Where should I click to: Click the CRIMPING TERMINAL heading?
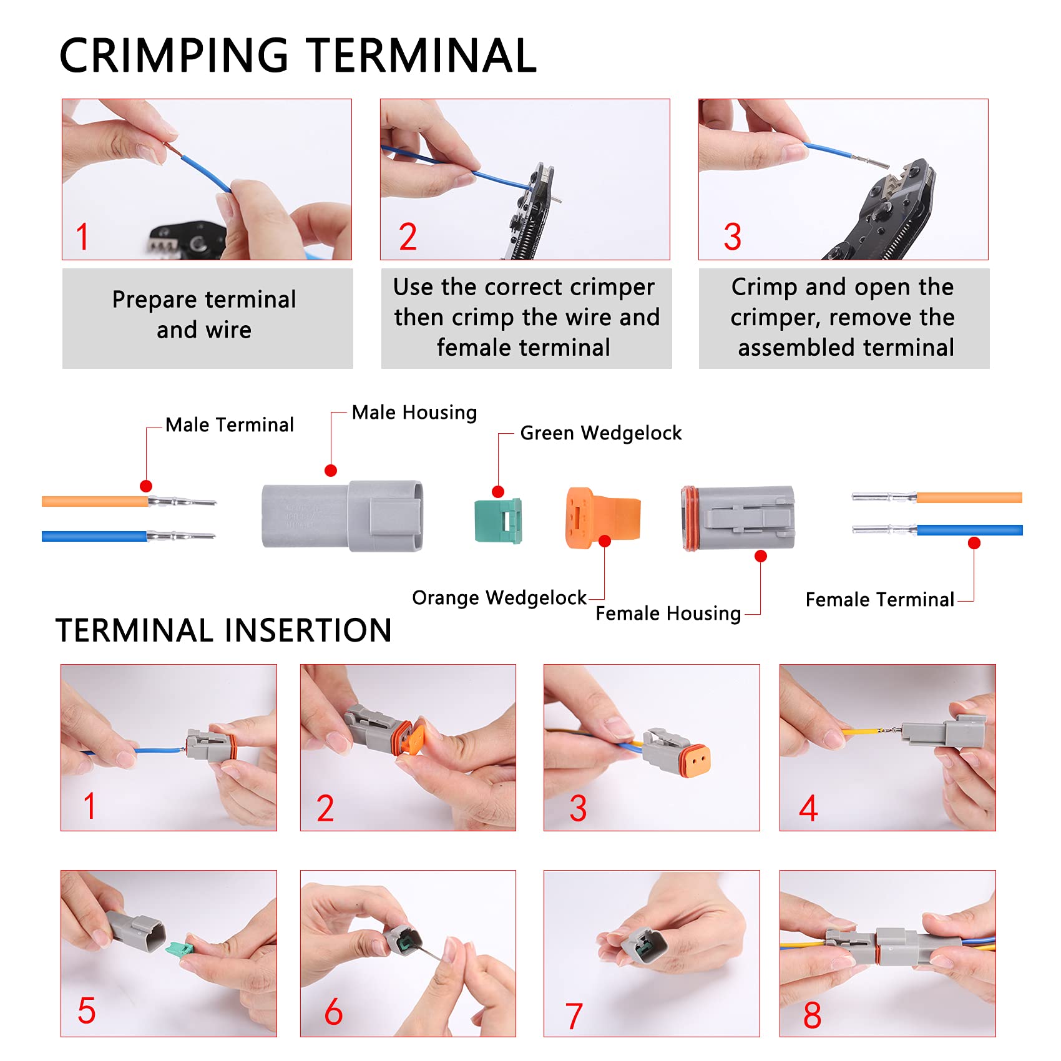tap(298, 56)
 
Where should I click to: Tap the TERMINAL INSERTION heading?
tap(223, 630)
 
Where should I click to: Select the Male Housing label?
tap(414, 413)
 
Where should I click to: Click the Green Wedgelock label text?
tap(600, 433)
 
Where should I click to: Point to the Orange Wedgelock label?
tap(499, 598)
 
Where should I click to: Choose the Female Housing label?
tap(668, 614)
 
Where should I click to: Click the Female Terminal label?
tap(879, 600)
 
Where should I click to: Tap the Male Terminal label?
tap(229, 425)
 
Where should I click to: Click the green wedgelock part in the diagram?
tap(497, 521)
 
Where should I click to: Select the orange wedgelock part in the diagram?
tap(601, 518)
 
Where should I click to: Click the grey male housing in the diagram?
tap(342, 517)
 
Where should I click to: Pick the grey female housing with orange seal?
tap(738, 518)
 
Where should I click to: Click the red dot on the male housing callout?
tap(331, 471)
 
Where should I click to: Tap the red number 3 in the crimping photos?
tap(732, 237)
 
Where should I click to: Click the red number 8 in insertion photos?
tap(812, 1015)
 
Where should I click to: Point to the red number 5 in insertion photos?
tap(86, 1010)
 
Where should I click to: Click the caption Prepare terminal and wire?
tap(204, 315)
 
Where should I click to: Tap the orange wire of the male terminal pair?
tap(94, 501)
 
